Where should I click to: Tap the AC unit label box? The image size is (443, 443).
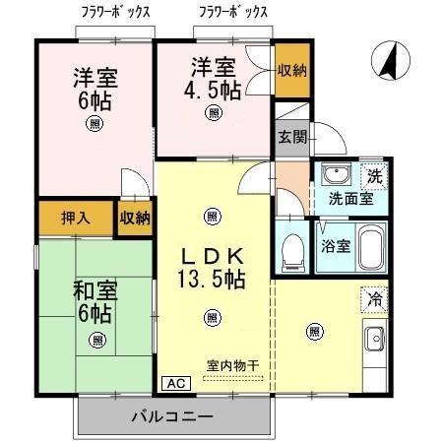tap(173, 383)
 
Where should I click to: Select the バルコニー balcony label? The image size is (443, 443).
tap(172, 417)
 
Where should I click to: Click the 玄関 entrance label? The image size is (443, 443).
tap(290, 137)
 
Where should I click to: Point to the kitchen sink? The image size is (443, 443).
tap(376, 342)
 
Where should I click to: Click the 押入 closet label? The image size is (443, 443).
tap(76, 218)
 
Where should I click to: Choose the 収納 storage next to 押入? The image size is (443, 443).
tap(135, 218)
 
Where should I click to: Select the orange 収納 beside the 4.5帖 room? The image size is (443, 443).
tap(291, 69)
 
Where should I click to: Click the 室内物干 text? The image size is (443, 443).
tap(231, 366)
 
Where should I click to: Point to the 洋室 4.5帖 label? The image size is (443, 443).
tap(215, 78)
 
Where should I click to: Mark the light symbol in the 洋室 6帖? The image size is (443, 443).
tap(94, 123)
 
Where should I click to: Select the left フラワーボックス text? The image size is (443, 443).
tap(116, 13)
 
